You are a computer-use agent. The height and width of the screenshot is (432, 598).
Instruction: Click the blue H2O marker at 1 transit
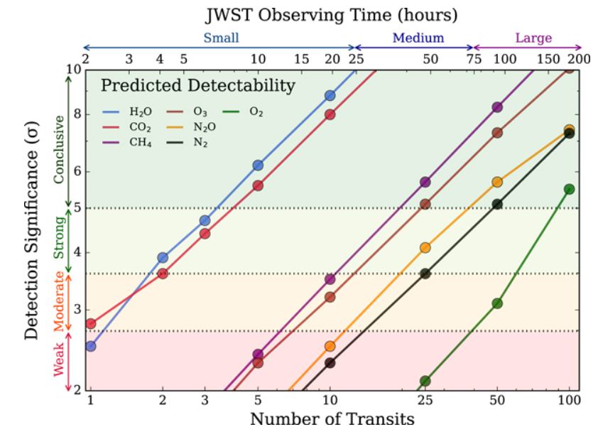pyautogui.click(x=90, y=346)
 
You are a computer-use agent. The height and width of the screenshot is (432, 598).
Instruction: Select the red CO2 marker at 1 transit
pyautogui.click(x=90, y=324)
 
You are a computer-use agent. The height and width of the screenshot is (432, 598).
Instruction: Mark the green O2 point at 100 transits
pyautogui.click(x=569, y=189)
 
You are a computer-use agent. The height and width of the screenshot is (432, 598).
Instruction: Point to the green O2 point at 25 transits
pyautogui.click(x=425, y=382)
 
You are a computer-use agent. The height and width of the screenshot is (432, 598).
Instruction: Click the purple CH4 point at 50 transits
pyautogui.click(x=497, y=107)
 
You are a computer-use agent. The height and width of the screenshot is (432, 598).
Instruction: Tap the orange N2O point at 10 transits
pyautogui.click(x=330, y=346)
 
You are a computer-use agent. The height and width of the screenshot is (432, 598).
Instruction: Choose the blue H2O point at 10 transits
pyautogui.click(x=330, y=95)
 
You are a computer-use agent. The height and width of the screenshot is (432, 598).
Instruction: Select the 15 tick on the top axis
pyautogui.click(x=301, y=59)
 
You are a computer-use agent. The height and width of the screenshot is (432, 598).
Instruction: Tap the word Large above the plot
pyautogui.click(x=533, y=38)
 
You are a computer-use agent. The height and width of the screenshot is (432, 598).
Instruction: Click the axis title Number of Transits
pyautogui.click(x=332, y=418)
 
